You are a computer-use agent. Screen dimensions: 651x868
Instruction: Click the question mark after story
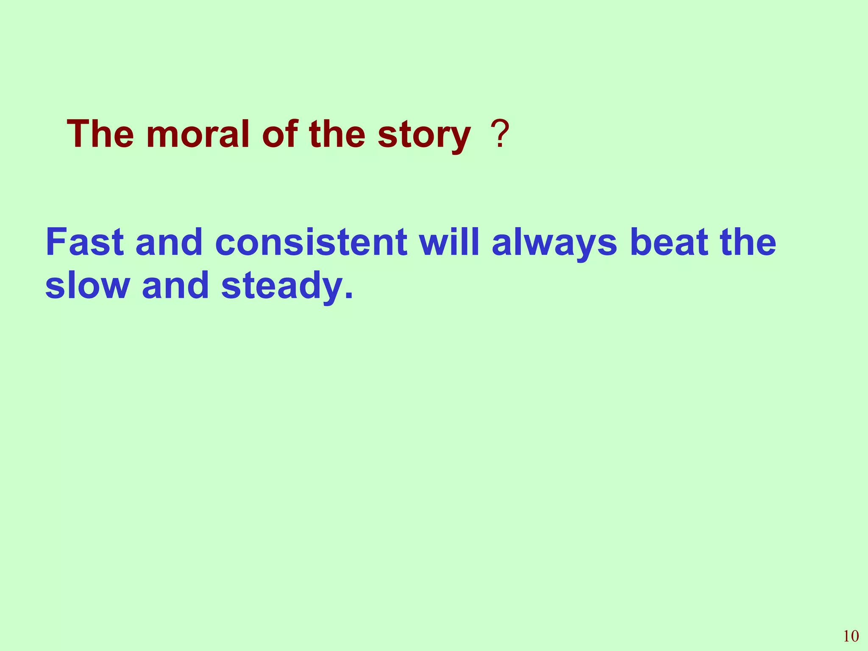click(x=500, y=135)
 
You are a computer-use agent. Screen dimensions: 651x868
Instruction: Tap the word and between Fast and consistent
click(x=169, y=242)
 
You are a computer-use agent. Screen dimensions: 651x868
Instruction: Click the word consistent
click(x=311, y=242)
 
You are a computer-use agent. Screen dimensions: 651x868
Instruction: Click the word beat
click(x=669, y=242)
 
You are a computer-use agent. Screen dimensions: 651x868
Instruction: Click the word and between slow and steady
click(x=175, y=285)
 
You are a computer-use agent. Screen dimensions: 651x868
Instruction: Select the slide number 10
click(x=851, y=636)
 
